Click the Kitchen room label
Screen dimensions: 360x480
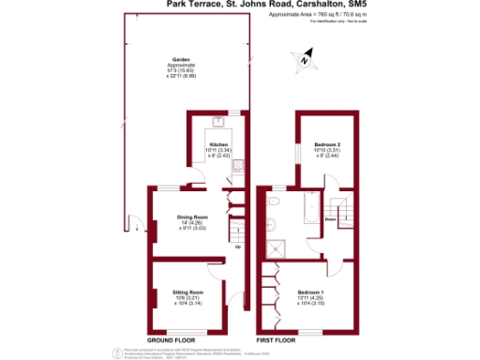[x=218, y=144]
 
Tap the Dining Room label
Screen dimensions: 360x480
[x=192, y=217]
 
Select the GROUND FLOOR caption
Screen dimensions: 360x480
[x=172, y=338]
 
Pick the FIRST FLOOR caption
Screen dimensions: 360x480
[x=278, y=338]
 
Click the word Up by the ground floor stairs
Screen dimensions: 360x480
[x=237, y=247]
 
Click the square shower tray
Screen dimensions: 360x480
[x=277, y=248]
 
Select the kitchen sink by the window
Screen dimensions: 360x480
[x=217, y=122]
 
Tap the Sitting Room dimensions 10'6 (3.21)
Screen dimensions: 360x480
[x=188, y=298]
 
